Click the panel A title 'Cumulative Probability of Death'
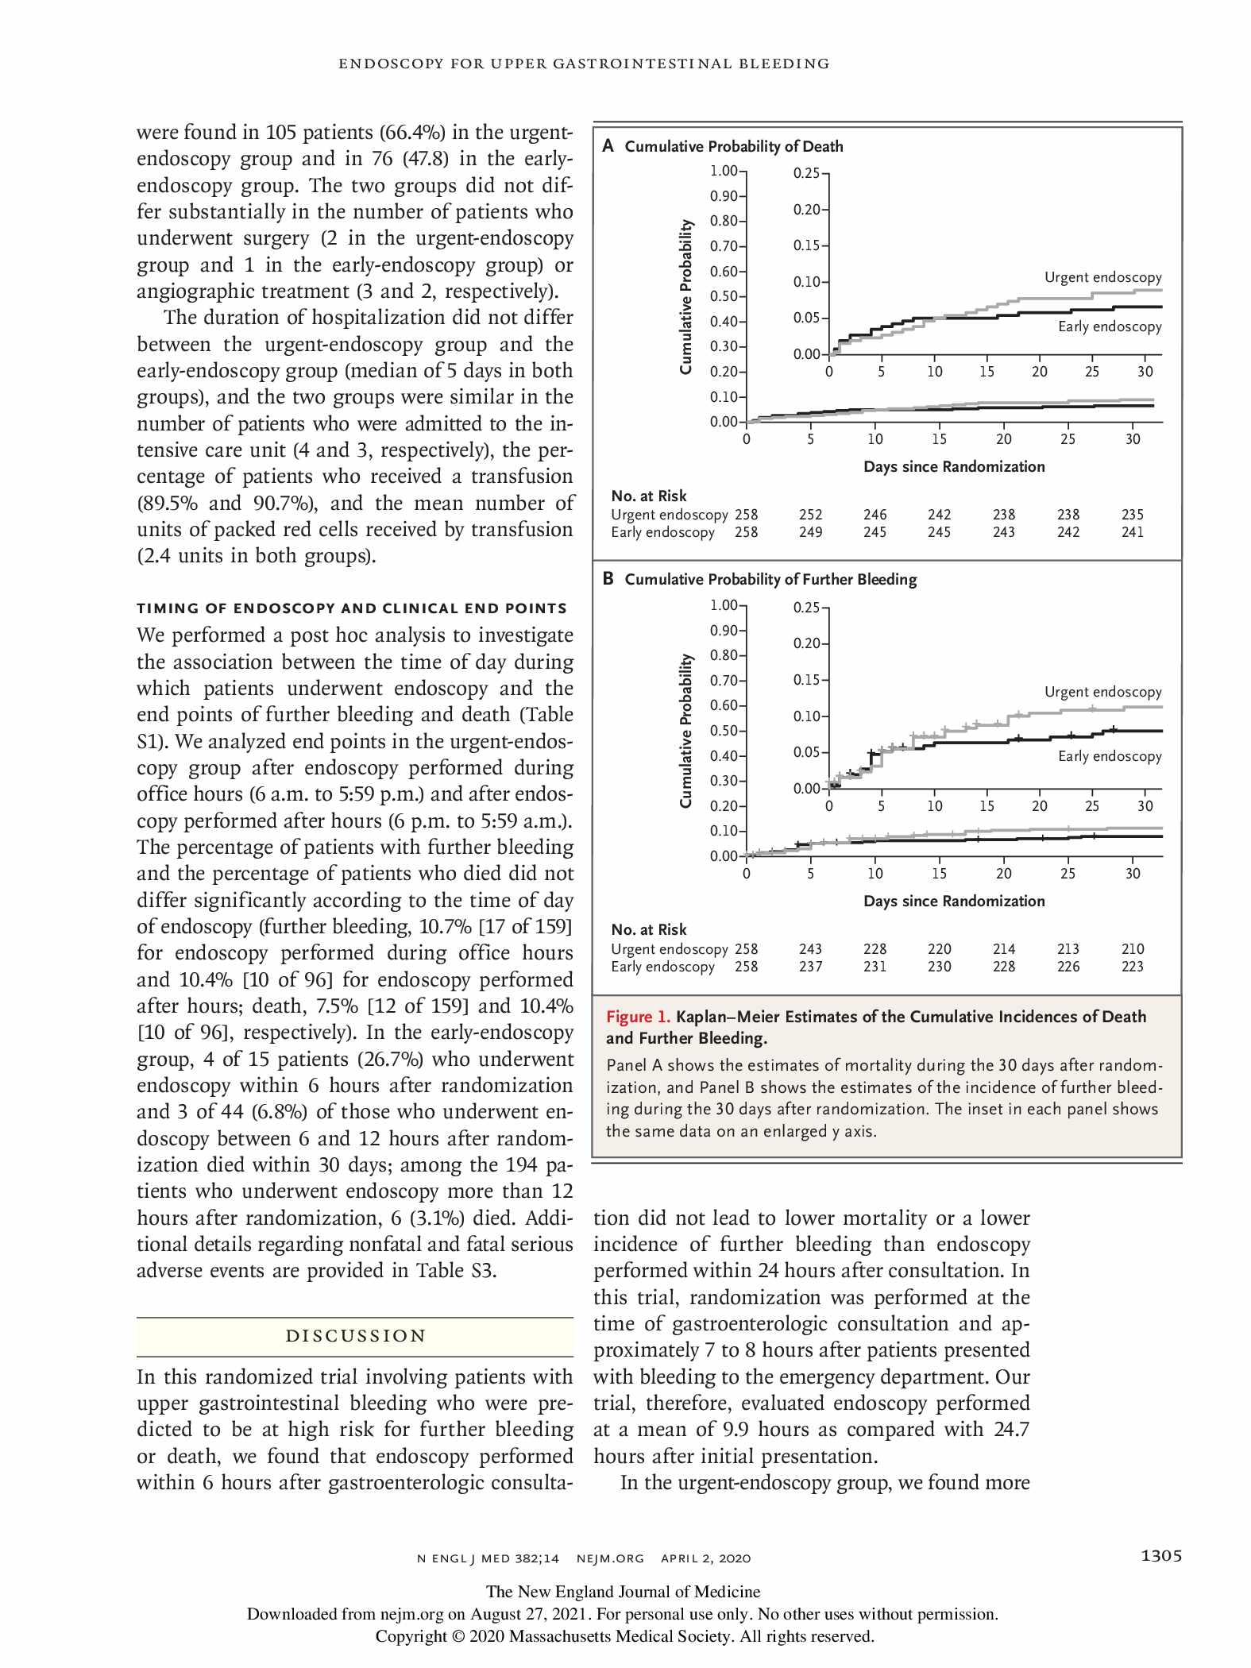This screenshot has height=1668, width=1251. click(733, 146)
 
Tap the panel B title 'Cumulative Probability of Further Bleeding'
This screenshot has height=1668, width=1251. click(770, 579)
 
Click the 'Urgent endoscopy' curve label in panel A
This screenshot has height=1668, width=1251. click(1102, 277)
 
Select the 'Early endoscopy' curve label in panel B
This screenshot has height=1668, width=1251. click(1109, 756)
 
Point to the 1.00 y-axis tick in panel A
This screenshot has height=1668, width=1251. click(724, 171)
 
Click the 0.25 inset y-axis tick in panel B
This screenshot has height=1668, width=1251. click(806, 608)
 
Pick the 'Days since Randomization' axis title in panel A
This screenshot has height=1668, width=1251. click(954, 466)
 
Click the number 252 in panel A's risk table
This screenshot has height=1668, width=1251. click(810, 515)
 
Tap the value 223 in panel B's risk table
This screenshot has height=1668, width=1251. click(1132, 967)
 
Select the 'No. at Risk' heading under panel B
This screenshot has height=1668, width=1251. click(649, 929)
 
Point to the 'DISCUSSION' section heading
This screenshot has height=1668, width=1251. click(356, 1336)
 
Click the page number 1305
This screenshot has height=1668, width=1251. click(1161, 1556)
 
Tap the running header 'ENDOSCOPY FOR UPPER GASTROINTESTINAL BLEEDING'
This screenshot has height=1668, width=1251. click(584, 64)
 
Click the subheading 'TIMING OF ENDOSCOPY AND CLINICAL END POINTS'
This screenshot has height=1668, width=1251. click(352, 608)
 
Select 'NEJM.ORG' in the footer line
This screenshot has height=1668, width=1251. click(610, 1558)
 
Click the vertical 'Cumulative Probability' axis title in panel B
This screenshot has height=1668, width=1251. click(685, 731)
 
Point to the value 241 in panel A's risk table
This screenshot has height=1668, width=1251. click(1132, 532)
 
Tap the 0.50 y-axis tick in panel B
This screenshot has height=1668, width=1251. click(724, 731)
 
